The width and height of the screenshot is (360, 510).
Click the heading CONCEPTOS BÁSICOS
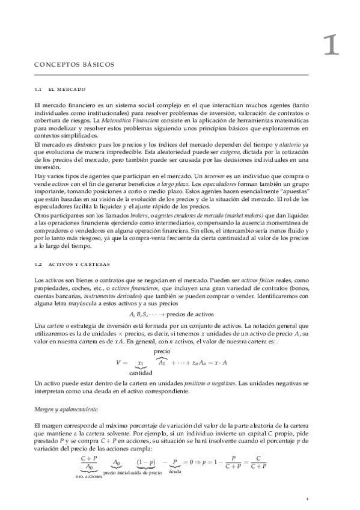(x=75, y=65)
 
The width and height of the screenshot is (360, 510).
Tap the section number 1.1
(x=39, y=90)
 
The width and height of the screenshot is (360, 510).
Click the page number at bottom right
(x=307, y=499)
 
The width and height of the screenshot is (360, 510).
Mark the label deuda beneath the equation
(x=175, y=473)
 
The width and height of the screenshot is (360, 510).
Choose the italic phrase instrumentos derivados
(x=108, y=296)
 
